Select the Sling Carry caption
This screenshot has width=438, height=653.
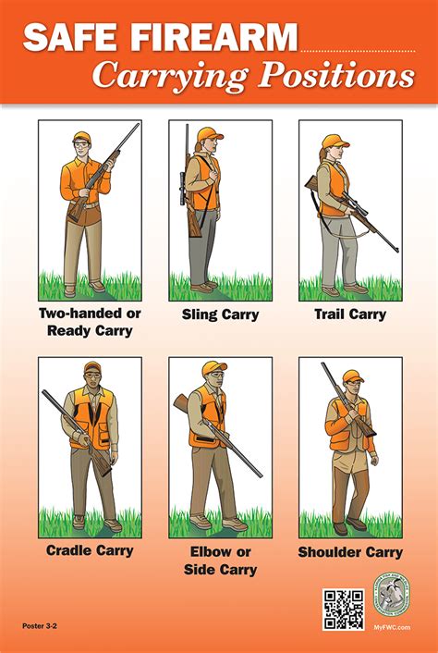pos(221,314)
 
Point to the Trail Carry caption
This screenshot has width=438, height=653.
pos(350,314)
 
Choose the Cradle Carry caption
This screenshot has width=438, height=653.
pos(90,551)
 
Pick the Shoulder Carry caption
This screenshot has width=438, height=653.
pos(350,552)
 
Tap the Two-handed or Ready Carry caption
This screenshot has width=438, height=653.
pos(90,322)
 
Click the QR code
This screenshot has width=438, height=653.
pos(342,609)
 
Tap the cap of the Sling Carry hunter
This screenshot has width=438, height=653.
pos(210,133)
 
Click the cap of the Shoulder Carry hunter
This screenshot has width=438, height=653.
pos(352,376)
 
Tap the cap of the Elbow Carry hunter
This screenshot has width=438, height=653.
pos(213,368)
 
